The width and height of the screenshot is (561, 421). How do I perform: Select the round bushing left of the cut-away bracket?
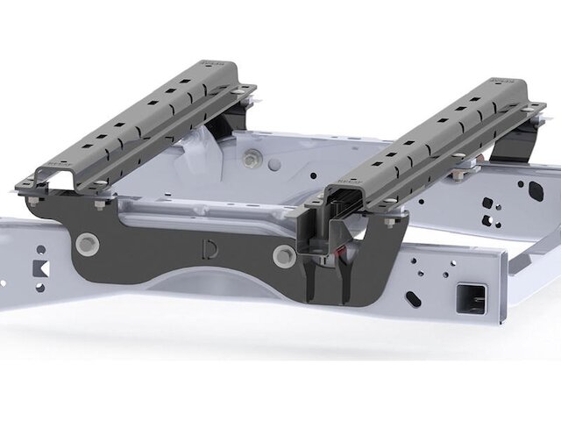click(283, 256)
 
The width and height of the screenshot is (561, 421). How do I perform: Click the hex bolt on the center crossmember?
click(254, 160)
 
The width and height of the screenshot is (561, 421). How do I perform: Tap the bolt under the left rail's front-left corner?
click(33, 202)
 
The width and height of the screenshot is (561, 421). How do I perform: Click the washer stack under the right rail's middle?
click(458, 179)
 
